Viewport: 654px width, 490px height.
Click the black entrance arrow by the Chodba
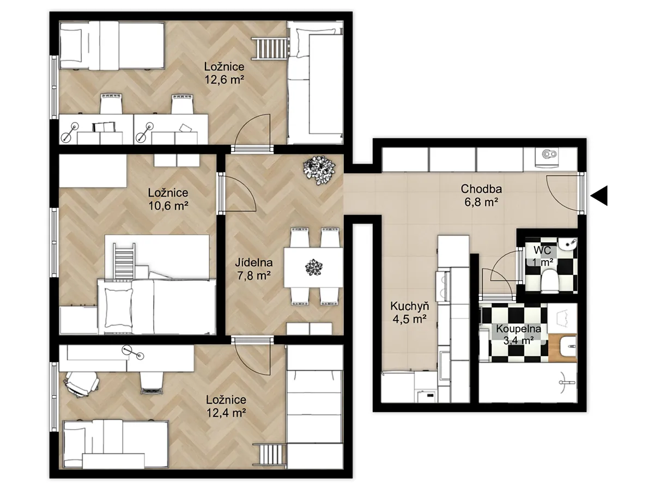[x=599, y=195]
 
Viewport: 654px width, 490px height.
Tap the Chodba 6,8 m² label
[x=481, y=195]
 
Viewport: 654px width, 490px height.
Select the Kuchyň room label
[x=409, y=306]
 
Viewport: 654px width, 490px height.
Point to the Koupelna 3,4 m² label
[x=518, y=334]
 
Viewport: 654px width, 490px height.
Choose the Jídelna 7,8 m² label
[x=254, y=269]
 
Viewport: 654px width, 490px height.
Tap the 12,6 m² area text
[x=225, y=79]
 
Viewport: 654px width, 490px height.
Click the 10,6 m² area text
[x=168, y=206]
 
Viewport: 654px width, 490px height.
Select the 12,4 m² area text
[x=226, y=413]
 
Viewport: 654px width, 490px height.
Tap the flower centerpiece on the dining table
[x=314, y=267]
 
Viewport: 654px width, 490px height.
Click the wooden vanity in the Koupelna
[x=562, y=348]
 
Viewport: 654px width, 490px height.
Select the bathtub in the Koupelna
[x=528, y=383]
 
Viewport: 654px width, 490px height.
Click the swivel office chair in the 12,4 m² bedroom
[x=81, y=384]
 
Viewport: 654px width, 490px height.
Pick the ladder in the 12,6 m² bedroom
[x=271, y=48]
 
